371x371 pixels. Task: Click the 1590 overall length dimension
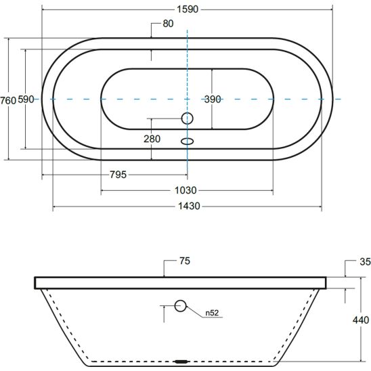[188, 9]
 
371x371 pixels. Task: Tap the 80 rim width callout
[168, 24]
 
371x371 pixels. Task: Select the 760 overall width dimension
[8, 101]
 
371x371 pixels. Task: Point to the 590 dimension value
[26, 100]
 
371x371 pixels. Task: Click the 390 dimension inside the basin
[213, 100]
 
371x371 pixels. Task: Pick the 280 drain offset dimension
[152, 139]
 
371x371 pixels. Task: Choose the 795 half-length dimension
[118, 175]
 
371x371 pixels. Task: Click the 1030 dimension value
[185, 190]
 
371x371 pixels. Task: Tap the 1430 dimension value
[189, 206]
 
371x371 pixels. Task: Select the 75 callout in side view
[185, 261]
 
